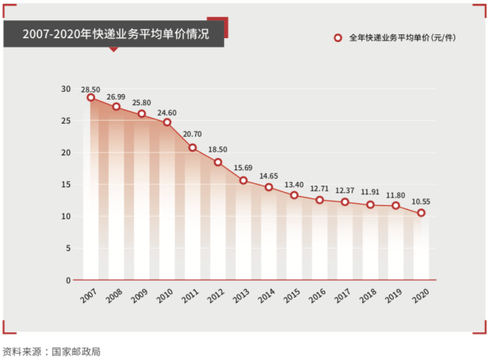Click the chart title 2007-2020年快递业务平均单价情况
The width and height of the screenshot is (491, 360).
[x=116, y=34]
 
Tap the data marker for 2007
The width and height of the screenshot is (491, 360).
[x=91, y=97]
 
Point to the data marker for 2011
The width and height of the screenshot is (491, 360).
[x=192, y=148]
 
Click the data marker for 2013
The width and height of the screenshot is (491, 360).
[x=244, y=180]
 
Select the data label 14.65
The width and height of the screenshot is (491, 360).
[x=268, y=177]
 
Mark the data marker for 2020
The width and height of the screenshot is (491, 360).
[x=421, y=213]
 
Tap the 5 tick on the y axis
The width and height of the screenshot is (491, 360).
[x=68, y=248]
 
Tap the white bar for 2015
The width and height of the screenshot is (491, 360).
[x=294, y=241]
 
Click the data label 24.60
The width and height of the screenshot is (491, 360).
[x=167, y=112]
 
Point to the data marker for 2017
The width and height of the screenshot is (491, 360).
[x=345, y=202]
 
